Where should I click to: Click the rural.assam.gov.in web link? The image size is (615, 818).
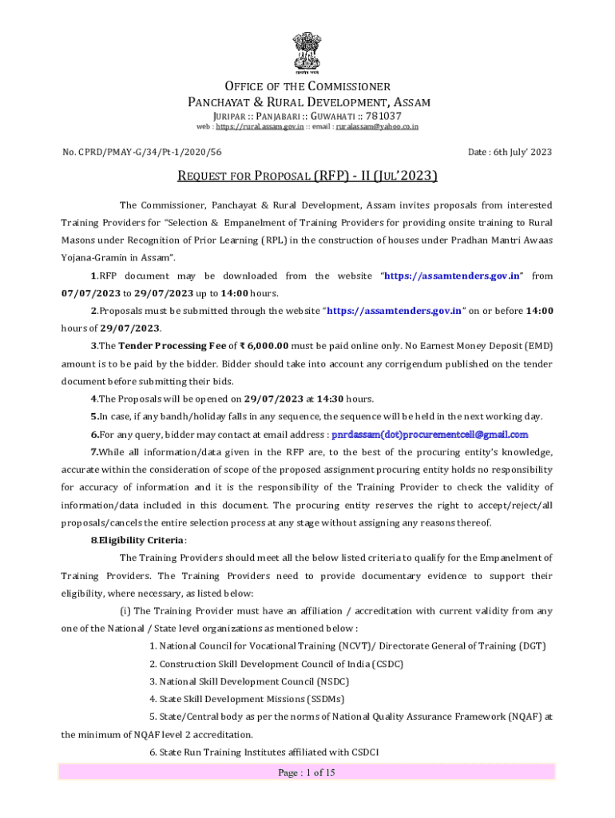[x=260, y=126]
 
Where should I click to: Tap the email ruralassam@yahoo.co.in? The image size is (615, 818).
[x=377, y=126]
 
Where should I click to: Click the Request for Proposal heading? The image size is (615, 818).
[x=307, y=177]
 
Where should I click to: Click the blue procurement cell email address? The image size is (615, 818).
[x=430, y=435]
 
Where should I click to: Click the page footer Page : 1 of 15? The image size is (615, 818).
[x=307, y=772]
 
